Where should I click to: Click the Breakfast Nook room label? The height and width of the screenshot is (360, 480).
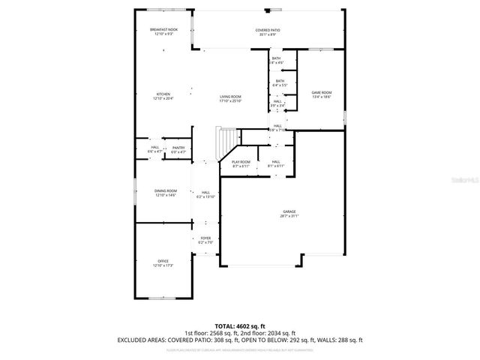(163, 29)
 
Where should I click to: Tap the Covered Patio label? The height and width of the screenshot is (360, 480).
(268, 29)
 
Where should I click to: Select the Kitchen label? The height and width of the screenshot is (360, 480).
(163, 94)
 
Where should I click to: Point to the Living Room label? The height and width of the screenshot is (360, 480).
(230, 96)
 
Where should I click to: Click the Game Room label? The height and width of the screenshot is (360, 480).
(322, 92)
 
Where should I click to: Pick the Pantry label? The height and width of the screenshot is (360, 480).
(178, 148)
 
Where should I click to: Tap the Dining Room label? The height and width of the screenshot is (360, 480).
(165, 190)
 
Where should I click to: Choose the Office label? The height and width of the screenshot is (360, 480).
(163, 261)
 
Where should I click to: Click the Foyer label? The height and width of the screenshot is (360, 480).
(205, 238)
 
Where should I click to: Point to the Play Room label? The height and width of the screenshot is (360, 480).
(241, 161)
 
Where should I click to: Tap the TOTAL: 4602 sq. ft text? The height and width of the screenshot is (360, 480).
(239, 326)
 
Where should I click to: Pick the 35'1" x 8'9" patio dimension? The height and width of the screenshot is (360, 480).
(268, 34)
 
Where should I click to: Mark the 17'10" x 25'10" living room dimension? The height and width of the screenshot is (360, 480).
(230, 100)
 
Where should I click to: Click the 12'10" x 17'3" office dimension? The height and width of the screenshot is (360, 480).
(163, 265)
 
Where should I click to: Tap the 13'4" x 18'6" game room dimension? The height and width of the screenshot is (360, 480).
(322, 97)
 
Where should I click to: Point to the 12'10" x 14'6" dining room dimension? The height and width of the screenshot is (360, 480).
(165, 195)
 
